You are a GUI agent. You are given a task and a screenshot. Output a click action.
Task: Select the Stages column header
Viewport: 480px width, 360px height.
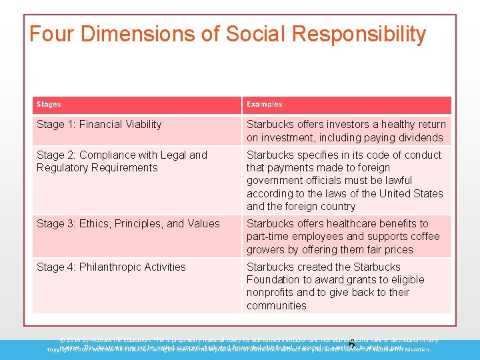click(49, 104)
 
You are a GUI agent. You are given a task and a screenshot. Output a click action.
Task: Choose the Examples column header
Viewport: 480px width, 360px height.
click(264, 104)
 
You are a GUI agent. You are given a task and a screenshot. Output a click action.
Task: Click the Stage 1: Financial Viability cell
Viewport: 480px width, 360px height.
click(99, 124)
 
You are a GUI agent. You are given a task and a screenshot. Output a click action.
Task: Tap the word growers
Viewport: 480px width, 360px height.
click(264, 249)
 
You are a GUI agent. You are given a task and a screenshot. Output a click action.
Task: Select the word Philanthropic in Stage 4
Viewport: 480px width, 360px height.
click(109, 267)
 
